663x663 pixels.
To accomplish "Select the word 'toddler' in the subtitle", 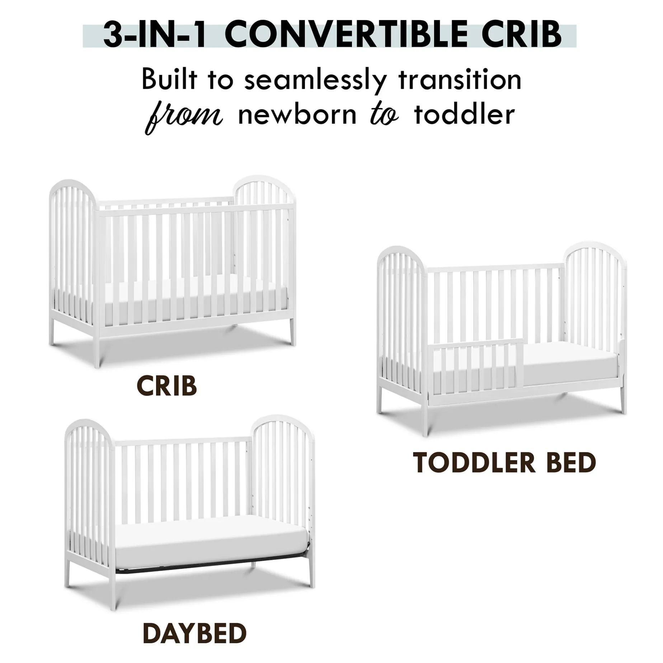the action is point(464,114).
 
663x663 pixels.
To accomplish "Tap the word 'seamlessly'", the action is point(315,80).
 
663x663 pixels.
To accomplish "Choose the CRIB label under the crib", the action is point(167,386).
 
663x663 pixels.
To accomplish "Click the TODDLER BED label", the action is point(504,462).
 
